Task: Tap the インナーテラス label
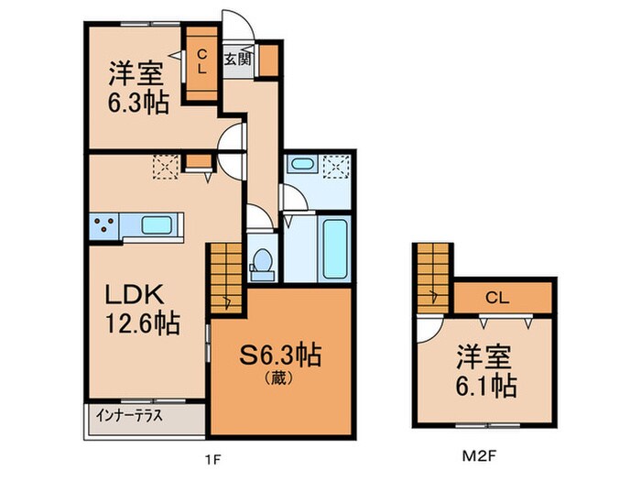[x=129, y=415]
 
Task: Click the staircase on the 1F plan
[x=225, y=277]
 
